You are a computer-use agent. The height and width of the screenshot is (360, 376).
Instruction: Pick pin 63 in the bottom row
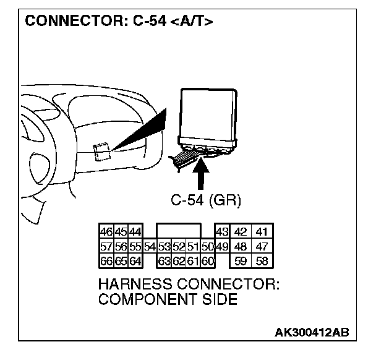pos(164,261)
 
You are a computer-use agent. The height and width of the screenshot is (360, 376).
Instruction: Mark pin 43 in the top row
pos(222,233)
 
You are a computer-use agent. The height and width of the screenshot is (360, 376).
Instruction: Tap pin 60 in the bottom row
pos(207,261)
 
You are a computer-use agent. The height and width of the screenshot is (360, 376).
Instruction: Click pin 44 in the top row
pos(135,233)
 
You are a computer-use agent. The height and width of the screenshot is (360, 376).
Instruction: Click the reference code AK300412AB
pos(312,333)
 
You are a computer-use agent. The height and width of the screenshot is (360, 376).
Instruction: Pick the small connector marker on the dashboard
pos(101,150)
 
